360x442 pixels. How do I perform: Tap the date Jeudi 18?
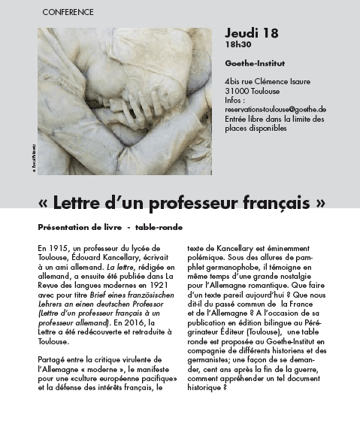pyautogui.click(x=251, y=33)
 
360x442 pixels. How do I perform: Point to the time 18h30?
pyautogui.click(x=237, y=45)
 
